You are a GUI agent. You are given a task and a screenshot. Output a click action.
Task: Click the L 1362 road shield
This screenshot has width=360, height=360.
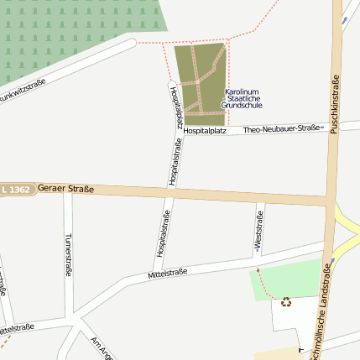pyautogui.click(x=16, y=190)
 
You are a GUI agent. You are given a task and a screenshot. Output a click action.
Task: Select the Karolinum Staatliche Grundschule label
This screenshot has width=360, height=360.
pyautogui.click(x=243, y=98)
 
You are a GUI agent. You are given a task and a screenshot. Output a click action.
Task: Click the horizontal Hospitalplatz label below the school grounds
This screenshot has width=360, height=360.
pyautogui.click(x=205, y=131)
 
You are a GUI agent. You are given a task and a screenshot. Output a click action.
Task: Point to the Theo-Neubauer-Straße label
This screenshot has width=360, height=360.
pyautogui.click(x=283, y=129)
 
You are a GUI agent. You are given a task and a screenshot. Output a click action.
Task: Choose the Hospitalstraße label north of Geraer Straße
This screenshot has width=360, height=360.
pyautogui.click(x=175, y=161)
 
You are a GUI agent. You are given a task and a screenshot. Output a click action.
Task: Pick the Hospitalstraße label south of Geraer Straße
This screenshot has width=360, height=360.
pyautogui.click(x=164, y=234)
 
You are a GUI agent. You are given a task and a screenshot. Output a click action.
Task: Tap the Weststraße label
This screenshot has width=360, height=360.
pyautogui.click(x=258, y=232)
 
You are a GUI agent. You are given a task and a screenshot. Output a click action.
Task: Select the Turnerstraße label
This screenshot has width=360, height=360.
pyautogui.click(x=67, y=254)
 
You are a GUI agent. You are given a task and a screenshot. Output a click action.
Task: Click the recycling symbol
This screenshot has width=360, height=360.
pyautogui.click(x=285, y=302)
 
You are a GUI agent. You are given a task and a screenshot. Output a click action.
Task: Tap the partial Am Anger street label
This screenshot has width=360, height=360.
pyautogui.click(x=102, y=346)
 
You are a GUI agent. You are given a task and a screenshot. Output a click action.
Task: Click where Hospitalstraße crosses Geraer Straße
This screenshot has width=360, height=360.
pyautogui.click(x=170, y=195)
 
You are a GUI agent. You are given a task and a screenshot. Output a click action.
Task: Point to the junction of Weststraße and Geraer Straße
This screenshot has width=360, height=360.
pyautogui.click(x=261, y=199)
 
